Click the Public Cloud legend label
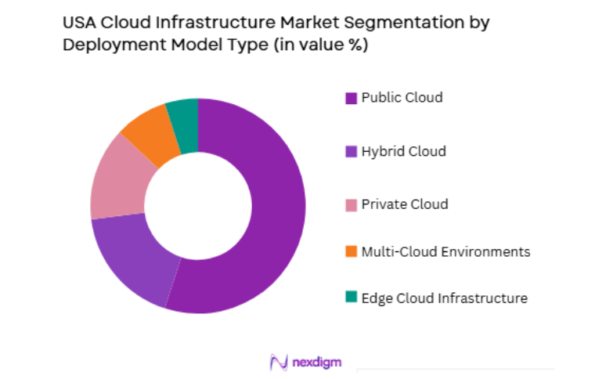[x=402, y=98]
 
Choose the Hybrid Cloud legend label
[x=403, y=151]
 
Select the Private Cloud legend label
[x=405, y=204]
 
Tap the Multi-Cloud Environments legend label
[x=445, y=251]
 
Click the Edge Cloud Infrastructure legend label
[x=444, y=298]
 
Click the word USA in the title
[x=79, y=22]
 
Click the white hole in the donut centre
[x=198, y=206]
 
